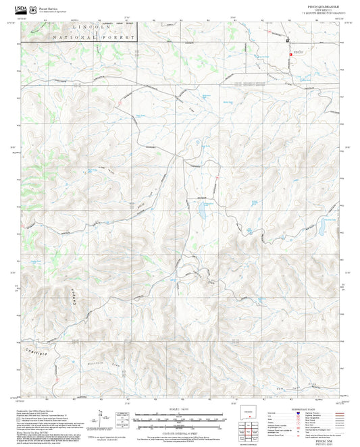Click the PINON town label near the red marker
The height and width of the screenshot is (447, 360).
(x=300, y=52)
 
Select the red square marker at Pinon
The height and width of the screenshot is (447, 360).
(x=291, y=53)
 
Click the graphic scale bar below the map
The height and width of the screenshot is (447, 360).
(x=179, y=418)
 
